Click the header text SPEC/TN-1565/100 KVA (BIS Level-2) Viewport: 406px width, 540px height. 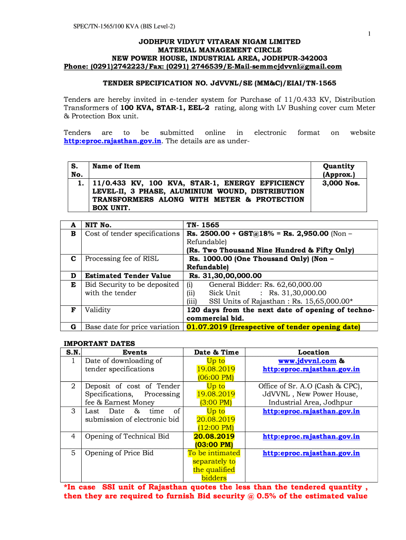124,26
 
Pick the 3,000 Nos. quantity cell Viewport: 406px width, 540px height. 341,183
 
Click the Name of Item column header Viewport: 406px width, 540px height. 116,166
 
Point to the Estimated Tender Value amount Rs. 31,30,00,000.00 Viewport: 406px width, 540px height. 225,276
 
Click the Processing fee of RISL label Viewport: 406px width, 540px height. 122,259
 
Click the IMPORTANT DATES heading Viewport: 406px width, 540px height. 99,343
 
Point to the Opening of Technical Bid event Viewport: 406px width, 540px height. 127,436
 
